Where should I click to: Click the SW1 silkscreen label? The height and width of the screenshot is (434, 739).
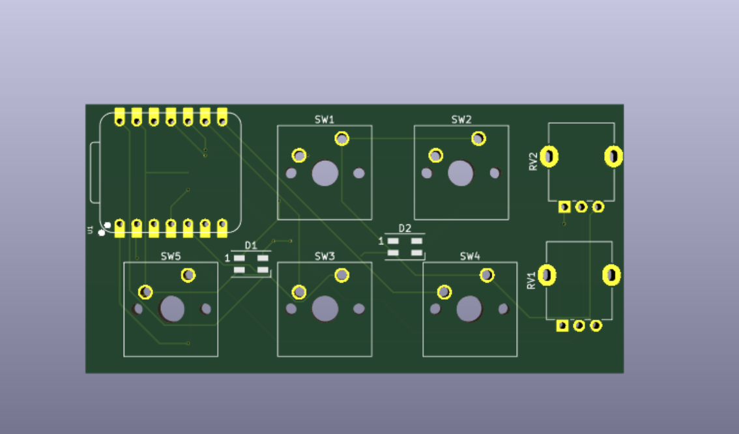point(325,119)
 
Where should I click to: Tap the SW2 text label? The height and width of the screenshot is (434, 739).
point(461,119)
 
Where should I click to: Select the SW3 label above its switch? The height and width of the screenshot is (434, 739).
point(325,256)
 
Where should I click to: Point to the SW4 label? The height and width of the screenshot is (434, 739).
point(470,256)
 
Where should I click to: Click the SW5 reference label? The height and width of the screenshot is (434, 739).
point(171,256)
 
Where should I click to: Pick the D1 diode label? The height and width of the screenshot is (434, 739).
point(251,245)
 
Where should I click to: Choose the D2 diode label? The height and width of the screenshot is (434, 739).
point(405,228)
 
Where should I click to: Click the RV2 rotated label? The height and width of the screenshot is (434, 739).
point(534,161)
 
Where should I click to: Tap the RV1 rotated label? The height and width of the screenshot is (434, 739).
point(532,280)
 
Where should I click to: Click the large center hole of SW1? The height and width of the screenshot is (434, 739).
point(325,173)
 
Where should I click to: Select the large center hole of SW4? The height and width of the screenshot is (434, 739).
point(469,309)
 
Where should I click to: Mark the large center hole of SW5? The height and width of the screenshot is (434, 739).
point(172,309)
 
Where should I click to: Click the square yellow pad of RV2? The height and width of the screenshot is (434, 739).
point(564,207)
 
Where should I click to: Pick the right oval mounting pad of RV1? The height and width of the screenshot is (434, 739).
point(612,276)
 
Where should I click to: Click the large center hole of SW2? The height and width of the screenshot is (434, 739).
point(461,173)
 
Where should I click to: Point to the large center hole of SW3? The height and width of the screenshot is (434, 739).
point(325,309)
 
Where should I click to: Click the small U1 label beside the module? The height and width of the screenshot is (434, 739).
point(90,229)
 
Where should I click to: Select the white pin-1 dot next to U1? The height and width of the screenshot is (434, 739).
point(101,232)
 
